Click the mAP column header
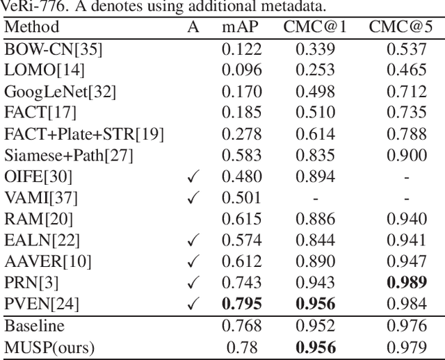[x=239, y=28]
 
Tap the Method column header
[x=32, y=28]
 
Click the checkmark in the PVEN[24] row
[x=195, y=304]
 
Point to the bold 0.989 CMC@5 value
[x=407, y=283]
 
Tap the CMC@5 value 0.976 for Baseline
[x=407, y=325]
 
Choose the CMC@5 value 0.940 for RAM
[x=407, y=220]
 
